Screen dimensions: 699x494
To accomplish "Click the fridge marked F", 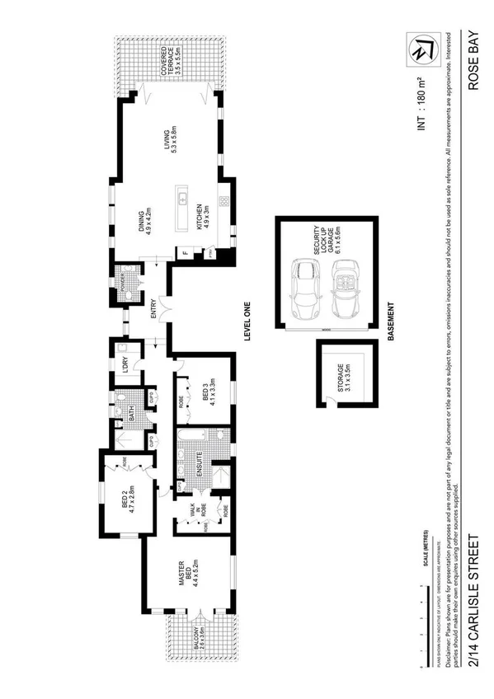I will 186,251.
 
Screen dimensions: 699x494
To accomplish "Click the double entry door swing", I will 167,312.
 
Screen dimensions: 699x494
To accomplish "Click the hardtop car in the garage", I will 305,288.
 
